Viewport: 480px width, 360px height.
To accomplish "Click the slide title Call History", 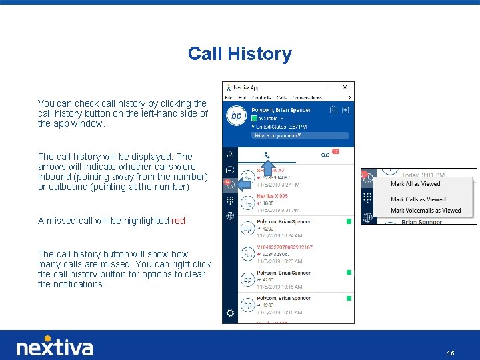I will (240, 54).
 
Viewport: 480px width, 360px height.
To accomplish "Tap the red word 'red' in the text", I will (179, 221).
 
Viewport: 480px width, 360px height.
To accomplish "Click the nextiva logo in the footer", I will (55, 347).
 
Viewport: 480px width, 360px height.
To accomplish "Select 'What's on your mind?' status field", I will (277, 135).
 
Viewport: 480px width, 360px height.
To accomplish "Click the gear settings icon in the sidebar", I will (230, 313).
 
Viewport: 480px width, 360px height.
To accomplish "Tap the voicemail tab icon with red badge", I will (325, 155).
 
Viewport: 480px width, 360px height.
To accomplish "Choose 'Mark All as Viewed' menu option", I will (415, 184).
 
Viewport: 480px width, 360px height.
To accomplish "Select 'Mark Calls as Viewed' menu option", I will (418, 199).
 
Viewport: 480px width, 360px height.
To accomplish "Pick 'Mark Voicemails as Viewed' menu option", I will (425, 211).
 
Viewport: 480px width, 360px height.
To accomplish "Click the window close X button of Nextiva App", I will (345, 87).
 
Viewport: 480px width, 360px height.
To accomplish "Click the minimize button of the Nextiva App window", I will (327, 88).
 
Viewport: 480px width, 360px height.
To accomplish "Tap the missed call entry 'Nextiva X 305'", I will (273, 197).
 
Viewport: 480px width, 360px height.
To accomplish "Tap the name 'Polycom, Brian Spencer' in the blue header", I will (281, 110).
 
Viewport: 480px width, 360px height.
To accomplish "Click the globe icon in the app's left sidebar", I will (230, 215).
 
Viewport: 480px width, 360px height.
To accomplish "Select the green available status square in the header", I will (255, 119).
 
